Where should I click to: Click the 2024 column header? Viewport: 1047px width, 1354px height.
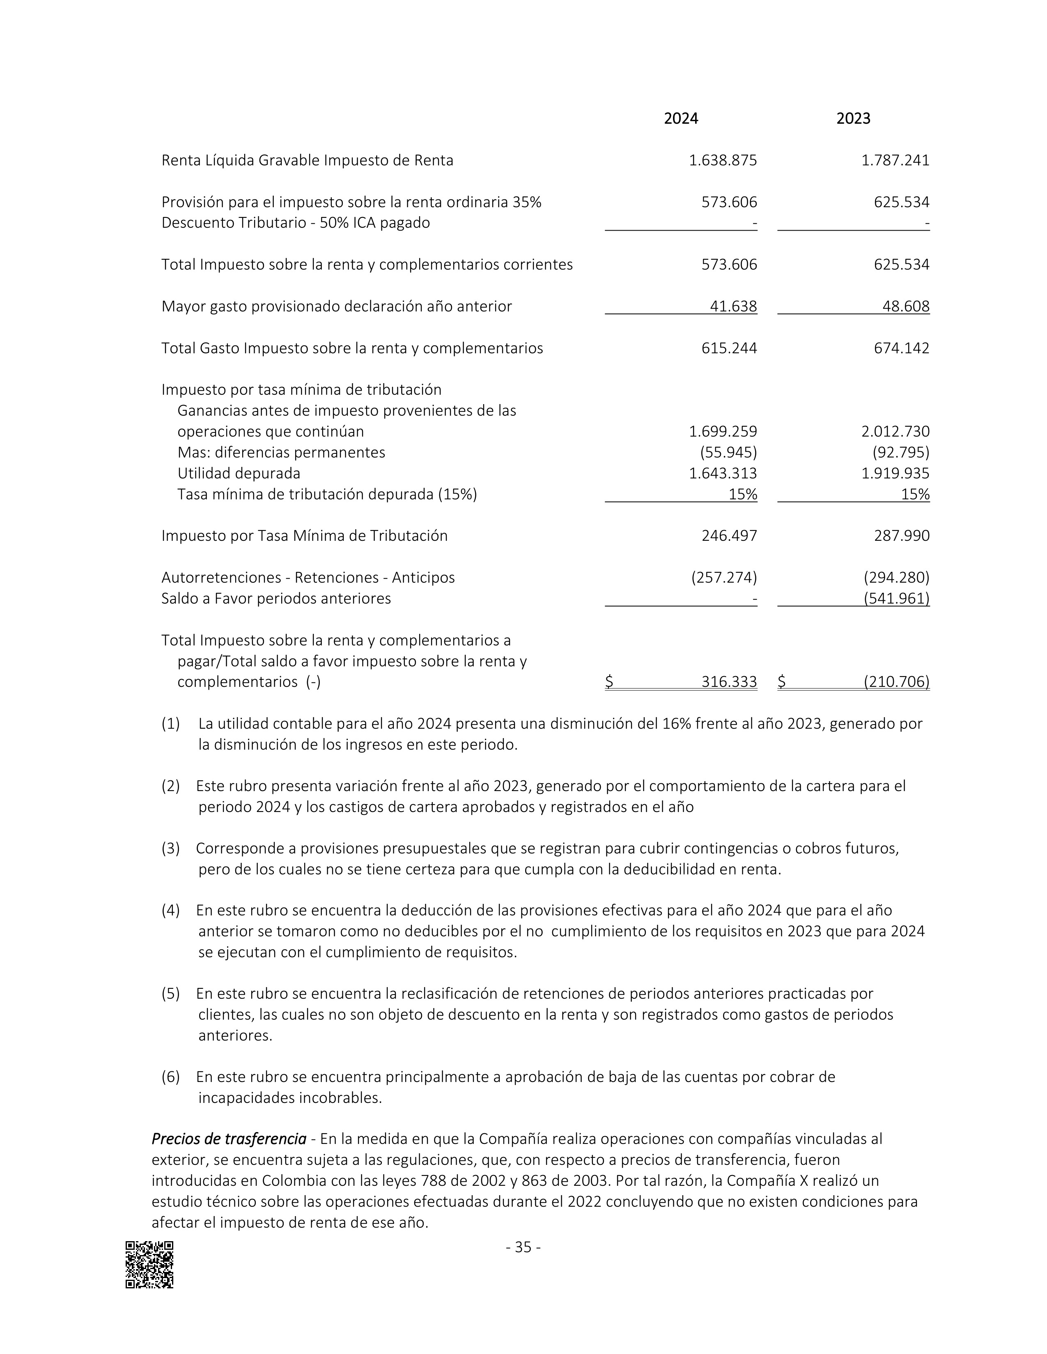pyautogui.click(x=680, y=119)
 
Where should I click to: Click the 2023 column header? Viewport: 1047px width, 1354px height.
pyautogui.click(x=853, y=119)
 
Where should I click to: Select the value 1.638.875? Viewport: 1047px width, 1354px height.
pyautogui.click(x=723, y=160)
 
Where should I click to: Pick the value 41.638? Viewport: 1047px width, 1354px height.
pyautogui.click(x=733, y=306)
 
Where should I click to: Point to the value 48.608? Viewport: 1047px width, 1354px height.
pyautogui.click(x=906, y=306)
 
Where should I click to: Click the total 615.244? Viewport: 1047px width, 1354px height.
pyautogui.click(x=729, y=348)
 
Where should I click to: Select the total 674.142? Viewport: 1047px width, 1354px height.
pyautogui.click(x=901, y=348)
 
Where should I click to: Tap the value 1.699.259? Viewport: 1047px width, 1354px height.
pyautogui.click(x=723, y=432)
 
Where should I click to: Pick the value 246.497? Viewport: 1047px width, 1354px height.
pyautogui.click(x=729, y=535)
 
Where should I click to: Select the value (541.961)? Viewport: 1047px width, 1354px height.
pyautogui.click(x=896, y=599)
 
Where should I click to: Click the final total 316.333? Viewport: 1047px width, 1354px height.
pyautogui.click(x=729, y=682)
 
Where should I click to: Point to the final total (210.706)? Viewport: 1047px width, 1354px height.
pyautogui.click(x=896, y=682)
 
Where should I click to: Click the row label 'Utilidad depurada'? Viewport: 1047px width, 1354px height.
pyautogui.click(x=239, y=473)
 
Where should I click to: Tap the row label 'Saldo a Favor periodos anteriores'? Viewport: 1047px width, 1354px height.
pyautogui.click(x=276, y=599)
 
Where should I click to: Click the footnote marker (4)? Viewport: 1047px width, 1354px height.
pyautogui.click(x=170, y=911)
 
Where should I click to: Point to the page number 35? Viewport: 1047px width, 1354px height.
pyautogui.click(x=523, y=1247)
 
